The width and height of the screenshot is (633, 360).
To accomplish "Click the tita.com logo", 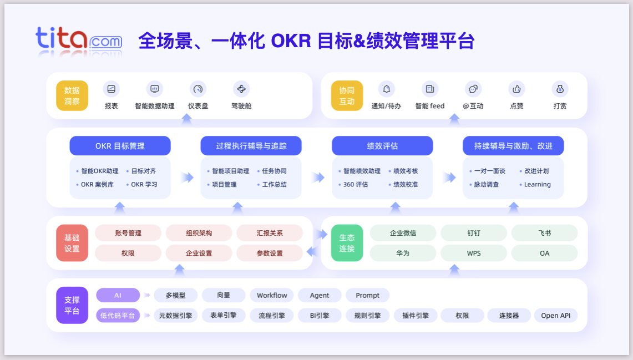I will (x=79, y=40).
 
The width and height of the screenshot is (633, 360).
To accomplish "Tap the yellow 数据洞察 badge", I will (x=72, y=95).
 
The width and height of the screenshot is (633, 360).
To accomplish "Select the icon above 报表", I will (x=112, y=89).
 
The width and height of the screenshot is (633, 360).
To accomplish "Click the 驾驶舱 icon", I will (x=241, y=89).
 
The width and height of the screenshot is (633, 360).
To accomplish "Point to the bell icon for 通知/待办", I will (x=387, y=89).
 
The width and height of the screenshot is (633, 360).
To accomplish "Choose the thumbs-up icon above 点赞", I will (x=516, y=89).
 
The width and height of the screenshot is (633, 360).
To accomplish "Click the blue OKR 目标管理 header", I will (x=120, y=146).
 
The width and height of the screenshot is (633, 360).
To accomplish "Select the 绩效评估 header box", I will (x=382, y=146).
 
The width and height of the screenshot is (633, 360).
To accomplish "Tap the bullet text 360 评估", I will (x=356, y=184).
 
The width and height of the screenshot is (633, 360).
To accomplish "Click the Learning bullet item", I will (x=537, y=184).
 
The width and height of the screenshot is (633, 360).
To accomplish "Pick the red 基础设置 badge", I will (x=72, y=243).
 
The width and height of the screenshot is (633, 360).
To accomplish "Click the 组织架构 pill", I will (x=199, y=233).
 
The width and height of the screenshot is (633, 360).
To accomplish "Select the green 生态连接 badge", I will (x=347, y=243).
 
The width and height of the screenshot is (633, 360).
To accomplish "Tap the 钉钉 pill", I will (x=474, y=233).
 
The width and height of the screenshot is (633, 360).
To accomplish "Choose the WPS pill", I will (x=474, y=253).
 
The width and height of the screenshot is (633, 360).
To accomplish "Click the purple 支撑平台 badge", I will (x=72, y=305).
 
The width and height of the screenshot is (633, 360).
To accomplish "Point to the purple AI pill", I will (x=118, y=295).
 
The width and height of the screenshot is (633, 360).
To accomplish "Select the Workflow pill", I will (x=272, y=295).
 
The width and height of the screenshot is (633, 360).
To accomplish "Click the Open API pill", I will (x=555, y=316).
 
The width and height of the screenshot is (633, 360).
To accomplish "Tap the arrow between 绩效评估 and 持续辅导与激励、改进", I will (x=449, y=178).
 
